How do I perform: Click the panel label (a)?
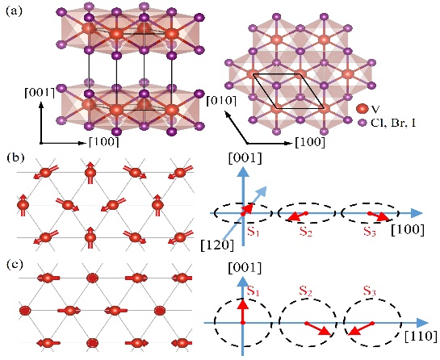14,12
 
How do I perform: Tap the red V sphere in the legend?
362,108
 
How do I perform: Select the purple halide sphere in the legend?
362,123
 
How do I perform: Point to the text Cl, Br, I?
393,123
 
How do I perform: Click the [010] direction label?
221,100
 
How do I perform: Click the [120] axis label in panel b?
217,245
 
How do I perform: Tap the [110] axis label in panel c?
421,336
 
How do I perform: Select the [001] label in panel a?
40,93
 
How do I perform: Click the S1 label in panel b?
254,231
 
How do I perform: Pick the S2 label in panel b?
306,231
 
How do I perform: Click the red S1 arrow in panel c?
243,311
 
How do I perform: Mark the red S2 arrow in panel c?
319,329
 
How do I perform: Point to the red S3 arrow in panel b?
379,216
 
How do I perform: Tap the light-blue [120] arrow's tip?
266,186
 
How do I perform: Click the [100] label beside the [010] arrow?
310,143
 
